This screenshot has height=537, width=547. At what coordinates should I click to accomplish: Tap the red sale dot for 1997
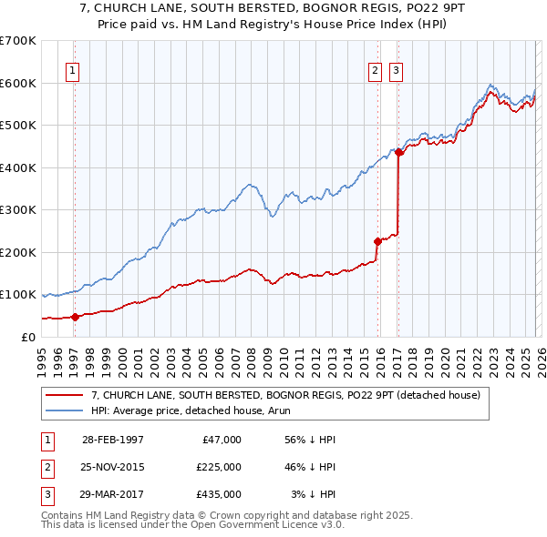click(x=76, y=317)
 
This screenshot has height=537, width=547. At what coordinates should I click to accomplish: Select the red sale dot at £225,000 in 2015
click(x=377, y=241)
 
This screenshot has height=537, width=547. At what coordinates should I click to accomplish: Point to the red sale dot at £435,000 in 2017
click(x=399, y=152)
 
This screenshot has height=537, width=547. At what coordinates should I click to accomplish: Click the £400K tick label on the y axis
click(x=18, y=167)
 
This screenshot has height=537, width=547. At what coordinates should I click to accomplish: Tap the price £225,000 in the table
click(x=219, y=467)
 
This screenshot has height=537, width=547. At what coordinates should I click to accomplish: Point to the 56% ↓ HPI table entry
click(x=311, y=440)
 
